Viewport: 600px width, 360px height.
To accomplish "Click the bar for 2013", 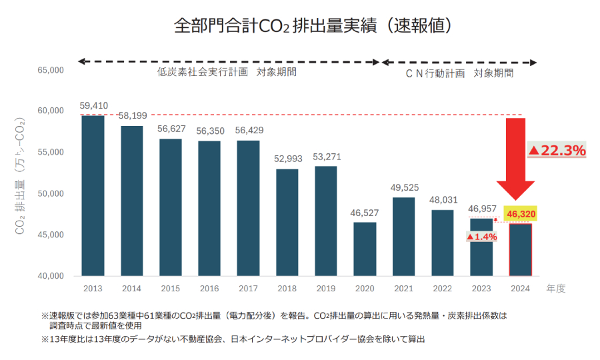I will [93, 195].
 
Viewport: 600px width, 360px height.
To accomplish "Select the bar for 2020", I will [365, 249].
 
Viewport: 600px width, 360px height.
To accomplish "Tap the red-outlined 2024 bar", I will [521, 249].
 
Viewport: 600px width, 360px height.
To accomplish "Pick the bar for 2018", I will [287, 222].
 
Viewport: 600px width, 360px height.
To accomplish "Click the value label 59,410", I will [93, 105].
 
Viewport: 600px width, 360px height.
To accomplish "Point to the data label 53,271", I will [325, 157].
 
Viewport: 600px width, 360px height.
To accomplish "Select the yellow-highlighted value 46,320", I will [521, 214].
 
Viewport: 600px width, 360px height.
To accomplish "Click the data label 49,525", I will [403, 187].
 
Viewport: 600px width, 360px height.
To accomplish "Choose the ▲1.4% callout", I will [482, 237].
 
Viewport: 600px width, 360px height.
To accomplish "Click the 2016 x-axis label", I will [209, 289].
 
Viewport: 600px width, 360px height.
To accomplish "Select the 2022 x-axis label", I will [442, 289].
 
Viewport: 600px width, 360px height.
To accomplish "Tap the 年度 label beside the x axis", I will [556, 289].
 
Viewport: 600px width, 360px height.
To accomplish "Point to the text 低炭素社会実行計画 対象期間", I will [227, 72].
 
